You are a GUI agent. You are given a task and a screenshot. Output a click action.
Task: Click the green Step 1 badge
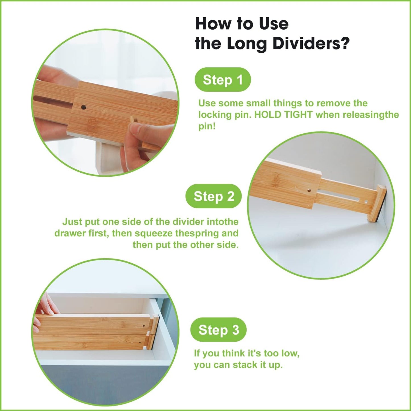click(222, 80)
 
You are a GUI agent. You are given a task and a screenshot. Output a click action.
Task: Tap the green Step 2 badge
click(214, 196)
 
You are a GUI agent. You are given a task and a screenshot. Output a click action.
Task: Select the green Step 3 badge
click(218, 330)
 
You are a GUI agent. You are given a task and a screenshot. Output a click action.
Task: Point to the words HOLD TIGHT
click(283, 115)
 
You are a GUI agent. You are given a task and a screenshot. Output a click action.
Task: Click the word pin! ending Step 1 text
click(207, 126)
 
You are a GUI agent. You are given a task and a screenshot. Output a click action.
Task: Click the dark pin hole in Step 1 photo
click(84, 107)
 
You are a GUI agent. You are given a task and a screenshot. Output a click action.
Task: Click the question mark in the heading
click(345, 44)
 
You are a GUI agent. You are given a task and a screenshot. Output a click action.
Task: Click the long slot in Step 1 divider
click(53, 102)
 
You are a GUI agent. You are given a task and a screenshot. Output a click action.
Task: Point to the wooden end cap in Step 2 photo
click(375, 203)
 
